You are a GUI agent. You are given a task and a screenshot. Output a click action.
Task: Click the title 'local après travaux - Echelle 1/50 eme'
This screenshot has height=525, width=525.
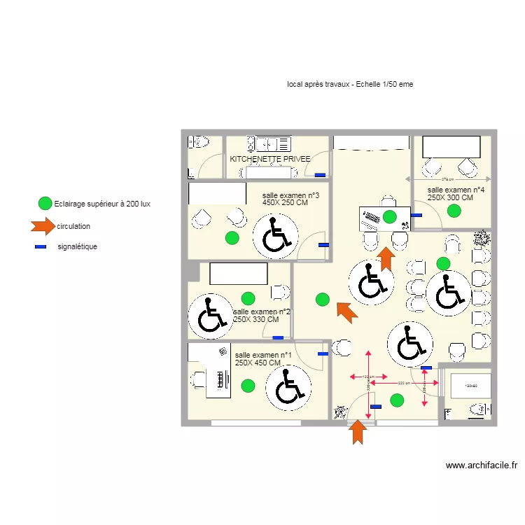(349, 84)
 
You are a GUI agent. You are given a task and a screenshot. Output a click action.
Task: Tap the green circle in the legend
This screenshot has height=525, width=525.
(44, 204)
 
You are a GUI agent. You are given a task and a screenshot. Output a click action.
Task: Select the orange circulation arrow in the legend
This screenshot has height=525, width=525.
(42, 225)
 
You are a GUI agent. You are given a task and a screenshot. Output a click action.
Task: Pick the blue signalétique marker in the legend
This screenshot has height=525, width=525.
(41, 246)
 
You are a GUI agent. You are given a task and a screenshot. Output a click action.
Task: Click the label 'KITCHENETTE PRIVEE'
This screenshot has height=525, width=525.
(269, 160)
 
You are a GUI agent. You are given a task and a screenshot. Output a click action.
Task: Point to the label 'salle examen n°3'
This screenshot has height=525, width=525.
(290, 195)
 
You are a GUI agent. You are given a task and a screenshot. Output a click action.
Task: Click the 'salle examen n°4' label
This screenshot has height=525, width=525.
(456, 190)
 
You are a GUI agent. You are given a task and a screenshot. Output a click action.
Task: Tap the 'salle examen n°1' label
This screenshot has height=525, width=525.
(263, 356)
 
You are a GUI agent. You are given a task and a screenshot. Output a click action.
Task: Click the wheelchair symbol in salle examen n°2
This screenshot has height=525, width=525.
(210, 315)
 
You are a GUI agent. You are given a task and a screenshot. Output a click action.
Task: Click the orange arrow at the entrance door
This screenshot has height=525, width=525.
(358, 431)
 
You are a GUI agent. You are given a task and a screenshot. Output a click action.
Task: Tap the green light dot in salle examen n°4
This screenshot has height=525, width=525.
(455, 209)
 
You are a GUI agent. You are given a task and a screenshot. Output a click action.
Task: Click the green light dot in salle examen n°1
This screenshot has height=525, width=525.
(247, 385)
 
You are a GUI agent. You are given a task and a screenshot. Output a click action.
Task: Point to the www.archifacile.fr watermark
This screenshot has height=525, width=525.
(481, 465)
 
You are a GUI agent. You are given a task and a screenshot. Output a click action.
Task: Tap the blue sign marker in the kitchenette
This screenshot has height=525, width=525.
(320, 175)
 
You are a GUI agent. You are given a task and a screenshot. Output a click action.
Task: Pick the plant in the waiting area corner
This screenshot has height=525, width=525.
(481, 239)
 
